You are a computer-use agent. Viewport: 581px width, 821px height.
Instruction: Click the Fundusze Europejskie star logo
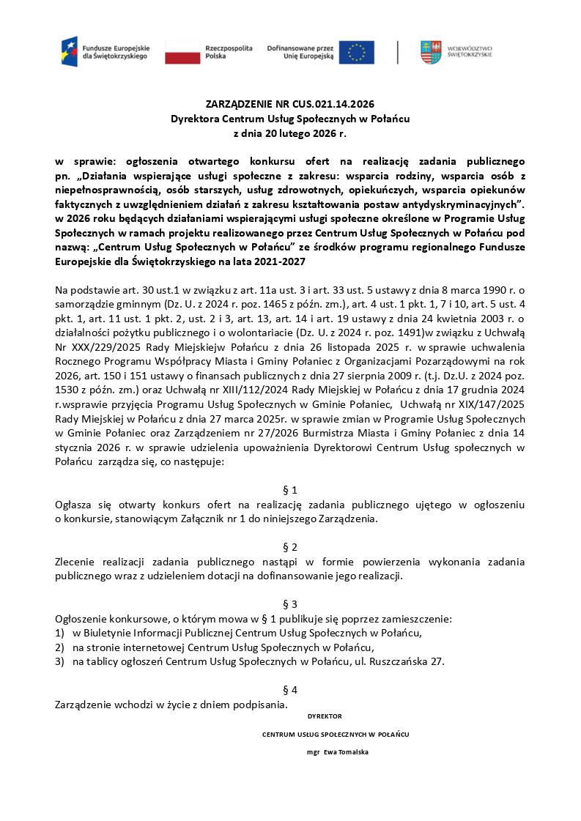click(x=70, y=51)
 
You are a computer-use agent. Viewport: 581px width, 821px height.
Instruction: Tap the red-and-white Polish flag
click(x=182, y=52)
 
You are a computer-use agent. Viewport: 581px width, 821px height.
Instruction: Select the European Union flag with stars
click(x=357, y=52)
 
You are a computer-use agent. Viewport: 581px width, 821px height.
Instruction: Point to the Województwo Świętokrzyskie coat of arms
click(x=431, y=52)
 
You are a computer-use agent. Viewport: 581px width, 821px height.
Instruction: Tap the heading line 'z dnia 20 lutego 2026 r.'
click(x=289, y=134)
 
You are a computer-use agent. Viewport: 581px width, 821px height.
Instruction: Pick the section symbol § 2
click(x=290, y=547)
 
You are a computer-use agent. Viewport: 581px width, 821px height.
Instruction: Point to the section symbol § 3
click(x=290, y=604)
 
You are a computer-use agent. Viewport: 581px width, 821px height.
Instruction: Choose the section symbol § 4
click(x=290, y=690)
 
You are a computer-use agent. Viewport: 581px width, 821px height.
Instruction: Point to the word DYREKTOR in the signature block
click(x=325, y=716)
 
